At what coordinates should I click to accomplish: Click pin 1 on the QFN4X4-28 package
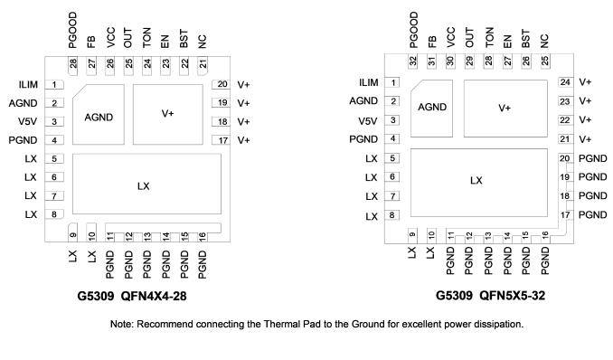54,84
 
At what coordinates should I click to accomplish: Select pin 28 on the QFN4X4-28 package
73,66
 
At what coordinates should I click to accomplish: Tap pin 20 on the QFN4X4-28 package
221,84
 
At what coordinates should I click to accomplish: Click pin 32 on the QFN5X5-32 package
413,62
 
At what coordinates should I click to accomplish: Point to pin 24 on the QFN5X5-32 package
566,82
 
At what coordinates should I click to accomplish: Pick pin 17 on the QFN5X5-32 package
566,215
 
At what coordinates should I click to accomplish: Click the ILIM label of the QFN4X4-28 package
28,84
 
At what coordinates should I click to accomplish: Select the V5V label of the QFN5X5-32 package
368,121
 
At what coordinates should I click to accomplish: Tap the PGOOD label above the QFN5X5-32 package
413,30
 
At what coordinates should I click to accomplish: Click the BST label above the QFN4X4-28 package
184,39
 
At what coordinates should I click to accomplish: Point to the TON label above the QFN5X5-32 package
489,38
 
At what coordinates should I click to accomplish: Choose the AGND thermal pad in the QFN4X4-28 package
99,114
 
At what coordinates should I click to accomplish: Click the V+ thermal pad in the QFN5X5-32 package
505,109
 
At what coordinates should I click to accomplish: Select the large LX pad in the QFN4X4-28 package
146,184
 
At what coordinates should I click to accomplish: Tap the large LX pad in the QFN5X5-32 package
479,183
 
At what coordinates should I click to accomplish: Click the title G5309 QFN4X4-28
132,296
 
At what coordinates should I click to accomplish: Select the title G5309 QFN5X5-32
490,296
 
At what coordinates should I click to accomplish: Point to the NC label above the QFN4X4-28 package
203,41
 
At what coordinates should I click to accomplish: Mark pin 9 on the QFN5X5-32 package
412,236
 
